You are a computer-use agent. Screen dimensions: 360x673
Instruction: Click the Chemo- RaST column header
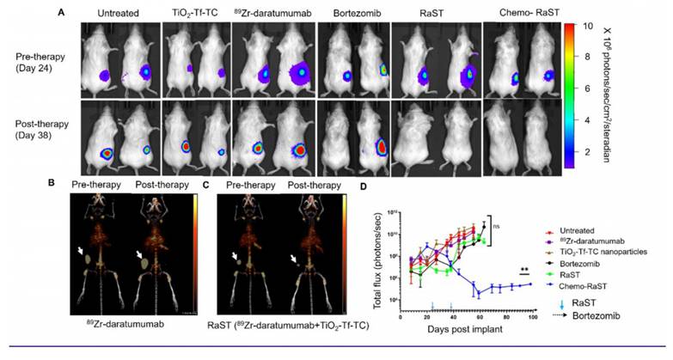point(517,15)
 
